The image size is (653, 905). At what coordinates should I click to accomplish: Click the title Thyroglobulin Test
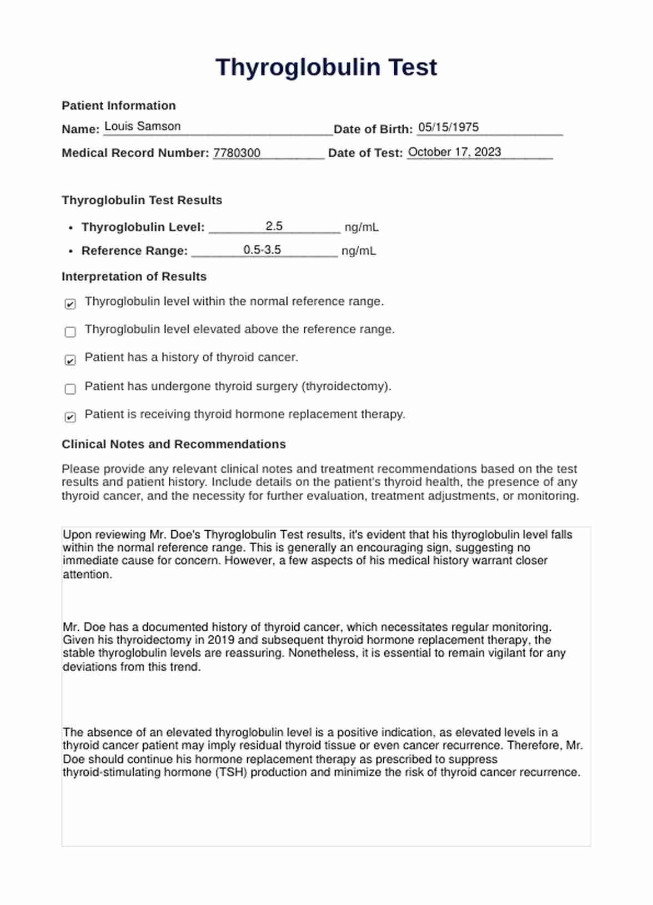[x=326, y=67]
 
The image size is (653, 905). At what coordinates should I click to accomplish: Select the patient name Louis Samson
[x=142, y=127]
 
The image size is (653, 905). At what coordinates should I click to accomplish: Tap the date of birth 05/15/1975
[x=448, y=127]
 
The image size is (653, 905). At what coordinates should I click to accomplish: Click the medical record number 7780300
[x=237, y=153]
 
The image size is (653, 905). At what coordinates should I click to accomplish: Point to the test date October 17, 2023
[x=454, y=152]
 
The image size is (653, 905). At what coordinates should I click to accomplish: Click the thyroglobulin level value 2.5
[x=274, y=226]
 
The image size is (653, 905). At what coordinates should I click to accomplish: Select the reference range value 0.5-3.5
[x=262, y=250]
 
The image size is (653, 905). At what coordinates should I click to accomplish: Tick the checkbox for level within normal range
[x=71, y=304]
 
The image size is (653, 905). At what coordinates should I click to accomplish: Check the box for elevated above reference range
[x=71, y=332]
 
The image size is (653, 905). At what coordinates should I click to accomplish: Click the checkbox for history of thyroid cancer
[x=71, y=360]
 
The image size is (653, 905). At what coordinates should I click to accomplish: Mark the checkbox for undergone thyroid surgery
[x=71, y=389]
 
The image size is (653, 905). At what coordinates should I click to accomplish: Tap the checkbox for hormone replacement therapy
[x=71, y=417]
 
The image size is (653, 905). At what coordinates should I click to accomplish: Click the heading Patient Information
[x=118, y=105]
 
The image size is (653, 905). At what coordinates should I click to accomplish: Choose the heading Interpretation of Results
[x=134, y=276]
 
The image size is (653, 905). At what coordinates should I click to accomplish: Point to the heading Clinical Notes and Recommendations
[x=173, y=444]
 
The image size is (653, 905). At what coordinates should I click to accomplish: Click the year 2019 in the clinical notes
[x=221, y=640]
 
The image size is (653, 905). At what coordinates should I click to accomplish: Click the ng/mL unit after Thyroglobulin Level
[x=361, y=227]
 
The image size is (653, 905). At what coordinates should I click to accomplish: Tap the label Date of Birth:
[x=373, y=129]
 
